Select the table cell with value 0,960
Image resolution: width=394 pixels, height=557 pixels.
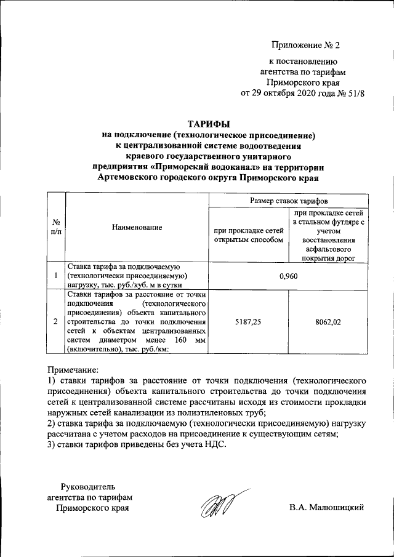pyautogui.click(x=288, y=276)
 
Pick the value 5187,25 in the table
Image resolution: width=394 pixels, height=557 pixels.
pyautogui.click(x=248, y=321)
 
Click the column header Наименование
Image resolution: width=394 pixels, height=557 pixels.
pyautogui.click(x=137, y=227)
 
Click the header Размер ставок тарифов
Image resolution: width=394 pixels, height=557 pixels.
pyautogui.click(x=288, y=201)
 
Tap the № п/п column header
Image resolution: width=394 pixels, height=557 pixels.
pyautogui.click(x=56, y=227)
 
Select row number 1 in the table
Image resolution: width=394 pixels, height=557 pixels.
pyautogui.click(x=56, y=276)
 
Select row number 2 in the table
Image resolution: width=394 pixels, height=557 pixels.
pyautogui.click(x=56, y=321)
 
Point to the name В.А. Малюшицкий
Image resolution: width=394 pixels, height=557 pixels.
pyautogui.click(x=328, y=507)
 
